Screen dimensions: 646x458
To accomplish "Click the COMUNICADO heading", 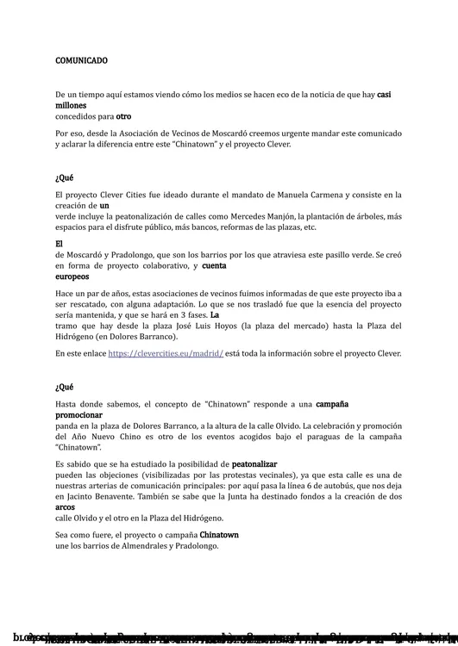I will [81, 61].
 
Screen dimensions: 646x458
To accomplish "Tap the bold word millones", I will [71, 105].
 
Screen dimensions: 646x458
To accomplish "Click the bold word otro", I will [123, 115].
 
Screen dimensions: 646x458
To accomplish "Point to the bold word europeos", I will [72, 276].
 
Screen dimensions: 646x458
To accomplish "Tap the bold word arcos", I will [65, 507].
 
